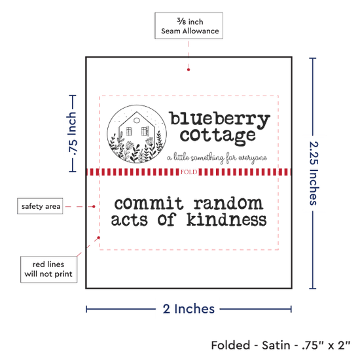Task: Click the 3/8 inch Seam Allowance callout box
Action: pos(189,26)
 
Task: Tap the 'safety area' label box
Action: pos(40,206)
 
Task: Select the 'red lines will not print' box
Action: pos(48,269)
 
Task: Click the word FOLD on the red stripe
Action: pos(189,172)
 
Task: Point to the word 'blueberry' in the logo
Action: pos(220,119)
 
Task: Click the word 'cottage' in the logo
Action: pos(218,136)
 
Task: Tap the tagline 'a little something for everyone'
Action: pos(217,158)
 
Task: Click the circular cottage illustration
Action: pos(137,134)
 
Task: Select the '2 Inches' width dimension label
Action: pos(189,309)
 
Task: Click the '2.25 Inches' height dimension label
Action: pos(314,173)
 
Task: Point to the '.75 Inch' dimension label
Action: pos(72,133)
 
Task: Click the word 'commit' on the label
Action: pos(149,203)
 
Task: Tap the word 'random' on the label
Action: pos(228,203)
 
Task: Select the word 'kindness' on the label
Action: pos(226,219)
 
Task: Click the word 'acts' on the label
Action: pos(129,220)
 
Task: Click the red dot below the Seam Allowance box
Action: pos(189,69)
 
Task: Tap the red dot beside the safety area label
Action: pos(94,207)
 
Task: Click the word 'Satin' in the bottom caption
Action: pos(276,346)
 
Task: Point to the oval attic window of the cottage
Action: pos(137,120)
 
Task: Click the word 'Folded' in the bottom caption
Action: pos(230,346)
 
